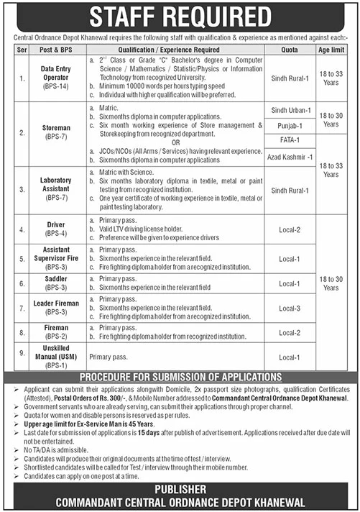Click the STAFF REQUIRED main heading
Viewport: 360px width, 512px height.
click(x=180, y=17)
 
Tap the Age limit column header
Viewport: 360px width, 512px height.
click(x=331, y=50)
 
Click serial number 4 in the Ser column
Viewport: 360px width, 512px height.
click(x=22, y=230)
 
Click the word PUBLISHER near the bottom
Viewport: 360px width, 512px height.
click(x=180, y=488)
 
